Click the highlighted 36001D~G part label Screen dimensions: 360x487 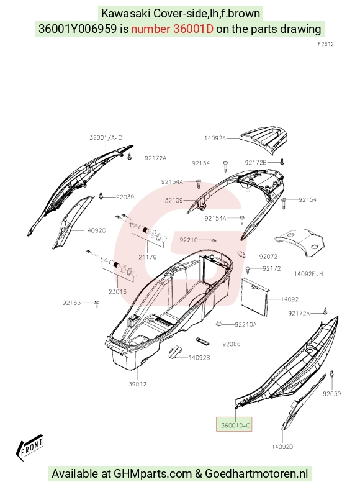pos(236,425)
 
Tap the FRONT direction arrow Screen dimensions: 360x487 pos(30,447)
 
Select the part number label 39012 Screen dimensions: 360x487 pos(138,384)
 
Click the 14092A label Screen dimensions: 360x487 pos(215,138)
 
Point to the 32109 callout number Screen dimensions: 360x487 pos(174,200)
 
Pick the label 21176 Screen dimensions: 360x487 pos(148,257)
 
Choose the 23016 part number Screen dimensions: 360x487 pos(118,292)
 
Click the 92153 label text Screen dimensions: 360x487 pos(72,303)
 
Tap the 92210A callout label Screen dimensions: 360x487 pos(246,324)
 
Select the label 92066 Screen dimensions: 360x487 pos(232,344)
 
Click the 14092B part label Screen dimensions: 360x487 pos(199,358)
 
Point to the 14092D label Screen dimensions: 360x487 pos(282,447)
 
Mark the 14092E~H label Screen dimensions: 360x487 pos(308,273)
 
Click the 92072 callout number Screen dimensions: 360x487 pos(268,257)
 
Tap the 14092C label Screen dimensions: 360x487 pos(95,230)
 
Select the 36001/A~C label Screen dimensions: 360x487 pos(106,138)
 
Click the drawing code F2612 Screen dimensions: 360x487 pos(326,44)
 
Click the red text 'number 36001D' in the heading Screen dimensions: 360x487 pos(173,29)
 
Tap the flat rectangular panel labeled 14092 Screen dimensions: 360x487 pos(255,297)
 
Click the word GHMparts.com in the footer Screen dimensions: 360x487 pos(153,473)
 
